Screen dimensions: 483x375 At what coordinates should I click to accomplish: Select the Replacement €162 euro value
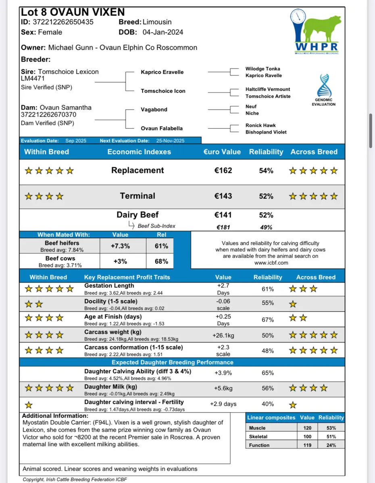(223, 170)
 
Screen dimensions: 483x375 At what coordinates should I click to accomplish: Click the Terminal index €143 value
(223, 196)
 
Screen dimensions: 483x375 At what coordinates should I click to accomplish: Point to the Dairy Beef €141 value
(223, 215)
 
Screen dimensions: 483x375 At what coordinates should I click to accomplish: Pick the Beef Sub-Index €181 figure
(223, 227)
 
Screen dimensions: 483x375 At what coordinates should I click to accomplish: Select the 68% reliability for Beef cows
(161, 261)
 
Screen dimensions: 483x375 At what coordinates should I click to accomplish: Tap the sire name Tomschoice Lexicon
(69, 72)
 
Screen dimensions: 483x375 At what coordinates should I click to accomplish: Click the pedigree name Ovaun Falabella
(162, 128)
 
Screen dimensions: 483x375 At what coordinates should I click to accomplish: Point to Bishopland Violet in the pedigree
(266, 132)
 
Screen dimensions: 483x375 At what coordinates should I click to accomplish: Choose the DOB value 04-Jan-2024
(160, 32)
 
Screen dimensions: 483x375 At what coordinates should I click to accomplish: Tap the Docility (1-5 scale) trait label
(111, 301)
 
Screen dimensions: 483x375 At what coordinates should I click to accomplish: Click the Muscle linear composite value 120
(307, 428)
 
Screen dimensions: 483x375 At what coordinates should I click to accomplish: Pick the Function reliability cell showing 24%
(331, 445)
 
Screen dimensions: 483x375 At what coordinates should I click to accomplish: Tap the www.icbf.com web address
(271, 262)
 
